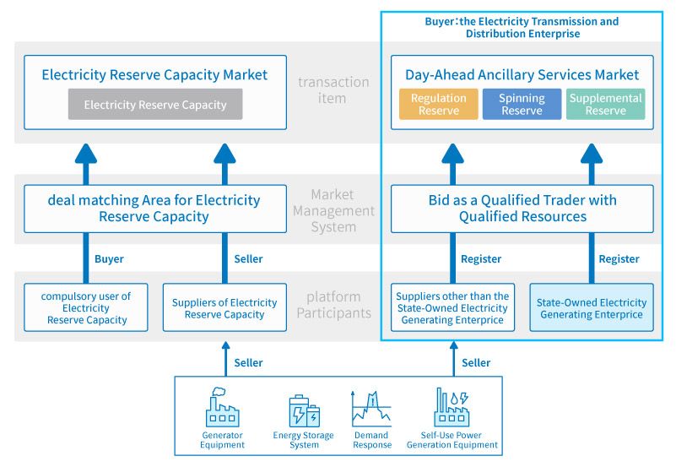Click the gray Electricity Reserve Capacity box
(x=155, y=105)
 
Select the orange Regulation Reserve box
(x=438, y=105)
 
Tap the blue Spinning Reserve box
(x=522, y=105)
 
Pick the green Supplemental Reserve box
(x=605, y=105)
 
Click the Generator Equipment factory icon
(x=223, y=408)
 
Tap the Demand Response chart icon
(x=371, y=408)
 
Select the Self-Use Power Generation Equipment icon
(x=451, y=408)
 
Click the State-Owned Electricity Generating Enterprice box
(x=592, y=307)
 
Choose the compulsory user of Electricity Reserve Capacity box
(x=87, y=307)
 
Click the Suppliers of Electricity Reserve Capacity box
(x=224, y=308)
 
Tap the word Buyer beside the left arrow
(x=109, y=259)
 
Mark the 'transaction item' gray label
(x=333, y=90)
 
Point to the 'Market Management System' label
(x=333, y=211)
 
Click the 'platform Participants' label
(x=333, y=305)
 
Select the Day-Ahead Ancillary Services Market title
(x=522, y=74)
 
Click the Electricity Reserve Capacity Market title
(x=154, y=74)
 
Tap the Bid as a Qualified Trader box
(x=522, y=209)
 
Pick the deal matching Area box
(x=154, y=209)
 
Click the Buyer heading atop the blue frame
(x=522, y=27)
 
